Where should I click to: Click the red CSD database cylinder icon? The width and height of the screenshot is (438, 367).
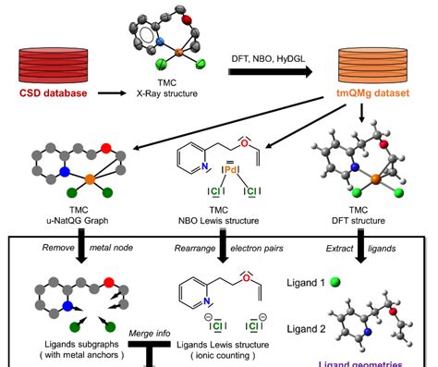[49, 63]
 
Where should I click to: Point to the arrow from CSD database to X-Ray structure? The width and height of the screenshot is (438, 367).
[112, 92]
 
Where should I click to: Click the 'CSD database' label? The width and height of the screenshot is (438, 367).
[49, 92]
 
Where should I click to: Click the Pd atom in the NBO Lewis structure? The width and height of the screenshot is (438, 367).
[221, 172]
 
